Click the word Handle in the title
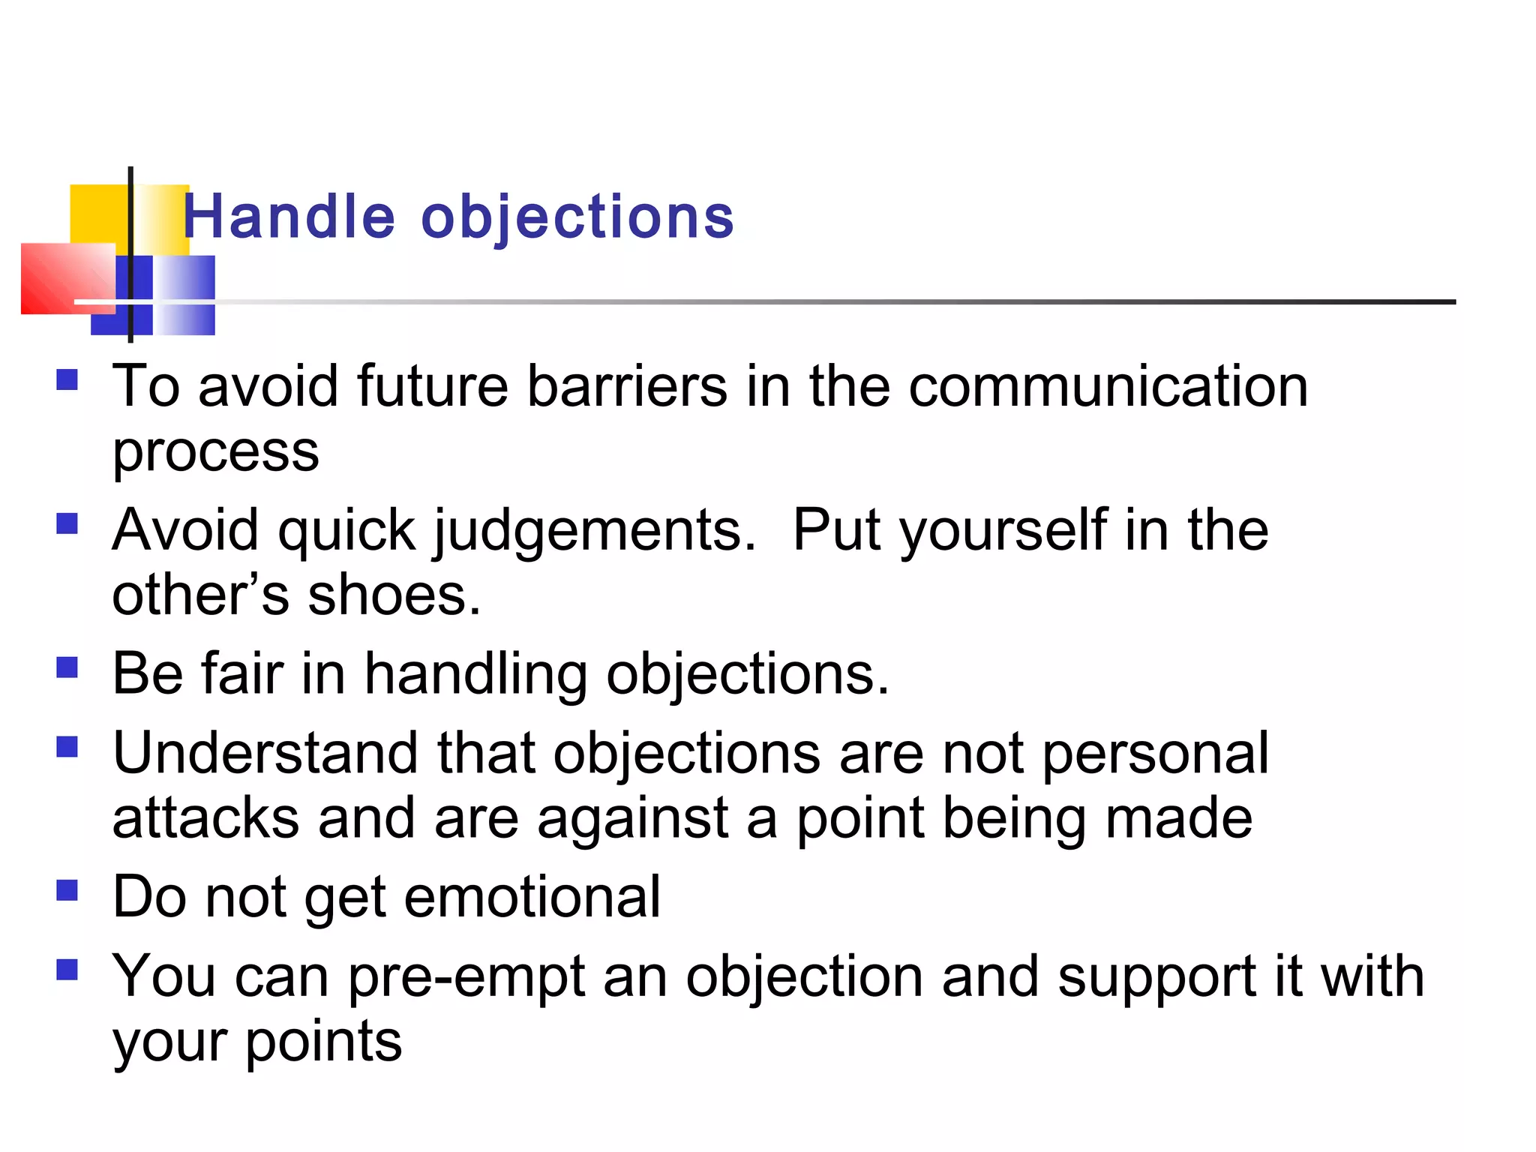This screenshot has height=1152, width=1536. coord(289,217)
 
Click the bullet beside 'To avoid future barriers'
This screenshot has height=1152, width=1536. coord(67,379)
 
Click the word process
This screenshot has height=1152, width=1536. coord(215,453)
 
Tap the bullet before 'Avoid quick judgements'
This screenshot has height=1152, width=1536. coord(67,523)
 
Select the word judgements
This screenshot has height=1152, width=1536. coord(594,532)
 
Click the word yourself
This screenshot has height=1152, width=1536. coord(1003,532)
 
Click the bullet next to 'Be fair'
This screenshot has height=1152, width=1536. coord(67,667)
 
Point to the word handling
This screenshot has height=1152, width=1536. coord(475,674)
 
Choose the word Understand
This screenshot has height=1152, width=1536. coord(265,753)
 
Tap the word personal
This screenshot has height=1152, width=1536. coord(1155,754)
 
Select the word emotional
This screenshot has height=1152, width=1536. coord(532,897)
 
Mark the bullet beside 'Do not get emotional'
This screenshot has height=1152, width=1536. coord(67,890)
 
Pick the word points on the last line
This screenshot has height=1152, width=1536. coord(323,1042)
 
